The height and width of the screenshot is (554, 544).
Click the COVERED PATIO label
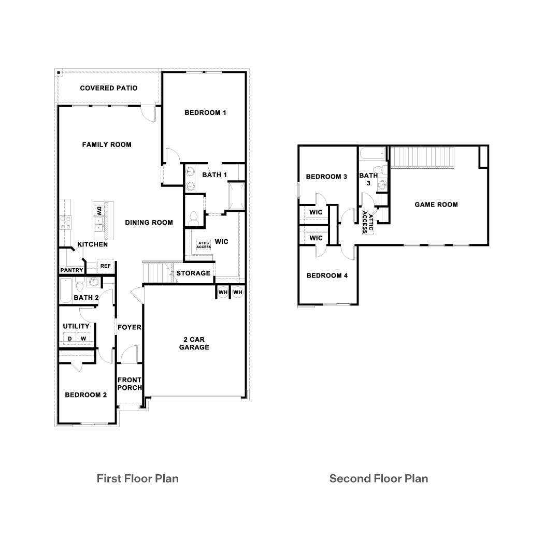point(109,88)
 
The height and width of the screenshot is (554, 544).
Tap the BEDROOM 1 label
point(206,113)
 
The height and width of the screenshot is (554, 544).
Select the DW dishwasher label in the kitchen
point(98,211)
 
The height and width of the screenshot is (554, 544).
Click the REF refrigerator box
point(105,266)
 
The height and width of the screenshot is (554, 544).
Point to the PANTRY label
point(71,270)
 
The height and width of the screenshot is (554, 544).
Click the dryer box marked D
point(69,339)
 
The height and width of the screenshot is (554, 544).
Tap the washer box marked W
point(82,339)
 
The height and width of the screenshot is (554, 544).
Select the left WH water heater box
point(223,293)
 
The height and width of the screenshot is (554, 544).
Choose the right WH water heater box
point(237,293)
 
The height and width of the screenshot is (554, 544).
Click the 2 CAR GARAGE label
point(194,343)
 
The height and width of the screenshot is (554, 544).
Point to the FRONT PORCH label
point(130,384)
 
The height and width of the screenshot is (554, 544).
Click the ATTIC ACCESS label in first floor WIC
point(204,245)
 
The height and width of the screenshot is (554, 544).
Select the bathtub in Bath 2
point(66,291)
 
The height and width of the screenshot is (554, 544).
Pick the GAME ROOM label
point(436,205)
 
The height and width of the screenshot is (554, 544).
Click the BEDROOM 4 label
point(327,275)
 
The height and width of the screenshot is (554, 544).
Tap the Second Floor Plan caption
point(379,478)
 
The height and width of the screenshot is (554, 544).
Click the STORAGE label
point(193,273)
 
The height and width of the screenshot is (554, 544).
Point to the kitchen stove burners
point(66,223)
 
